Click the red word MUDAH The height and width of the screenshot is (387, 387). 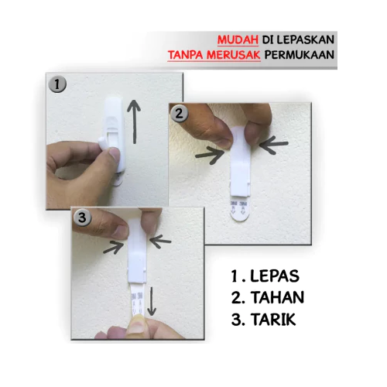238,40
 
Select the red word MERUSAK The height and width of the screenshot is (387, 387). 234,55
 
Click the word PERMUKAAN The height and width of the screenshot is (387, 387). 300,55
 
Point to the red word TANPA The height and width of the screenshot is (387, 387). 186,55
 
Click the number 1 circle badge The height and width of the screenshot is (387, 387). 57,84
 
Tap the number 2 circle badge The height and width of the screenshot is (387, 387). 179,114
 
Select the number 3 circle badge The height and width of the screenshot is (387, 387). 82,217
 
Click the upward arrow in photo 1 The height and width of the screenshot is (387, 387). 134,122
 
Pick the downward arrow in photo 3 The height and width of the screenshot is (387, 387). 152,301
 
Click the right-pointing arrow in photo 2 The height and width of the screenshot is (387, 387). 210,156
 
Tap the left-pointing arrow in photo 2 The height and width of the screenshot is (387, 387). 274,146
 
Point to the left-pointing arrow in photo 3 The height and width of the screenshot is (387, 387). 160,241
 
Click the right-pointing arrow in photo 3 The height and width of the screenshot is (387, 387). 114,248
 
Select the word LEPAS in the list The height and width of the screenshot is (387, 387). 275,276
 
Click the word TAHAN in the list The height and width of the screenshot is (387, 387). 278,297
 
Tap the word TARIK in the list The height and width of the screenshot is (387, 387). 273,319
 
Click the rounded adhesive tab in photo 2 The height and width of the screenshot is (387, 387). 240,211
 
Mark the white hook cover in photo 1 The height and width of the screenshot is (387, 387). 114,134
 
